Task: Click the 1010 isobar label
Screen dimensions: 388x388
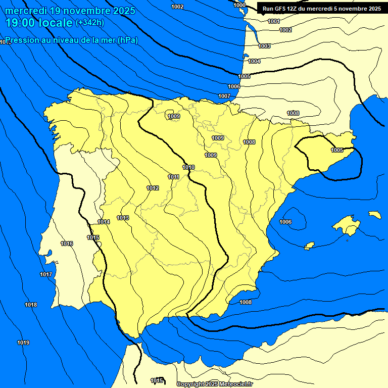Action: coord(188,167)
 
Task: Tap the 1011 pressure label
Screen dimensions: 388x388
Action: coord(174,177)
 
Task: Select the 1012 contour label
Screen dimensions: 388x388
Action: coord(153,188)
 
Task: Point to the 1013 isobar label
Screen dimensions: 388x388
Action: coord(123,218)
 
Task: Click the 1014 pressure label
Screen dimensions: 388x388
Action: coord(104,222)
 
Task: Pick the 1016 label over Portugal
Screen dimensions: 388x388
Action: coord(67,244)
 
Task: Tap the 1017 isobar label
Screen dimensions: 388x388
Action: coord(46,274)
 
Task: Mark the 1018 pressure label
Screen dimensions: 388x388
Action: coord(31,305)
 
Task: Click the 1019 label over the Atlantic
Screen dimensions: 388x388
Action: coord(23,343)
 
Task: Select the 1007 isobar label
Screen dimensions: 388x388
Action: coord(224,96)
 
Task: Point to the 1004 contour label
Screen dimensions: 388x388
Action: coord(254,61)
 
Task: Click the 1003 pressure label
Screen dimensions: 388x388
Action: coord(264,46)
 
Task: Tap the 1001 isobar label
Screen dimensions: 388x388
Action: coord(274,21)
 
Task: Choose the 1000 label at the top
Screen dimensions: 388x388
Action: coord(240,5)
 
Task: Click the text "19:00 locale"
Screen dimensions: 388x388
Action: coord(39,22)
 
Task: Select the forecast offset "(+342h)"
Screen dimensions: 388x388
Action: coord(90,22)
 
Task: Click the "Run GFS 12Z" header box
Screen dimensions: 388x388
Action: coord(322,8)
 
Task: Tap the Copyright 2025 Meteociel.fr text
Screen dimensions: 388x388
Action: coord(214,384)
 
